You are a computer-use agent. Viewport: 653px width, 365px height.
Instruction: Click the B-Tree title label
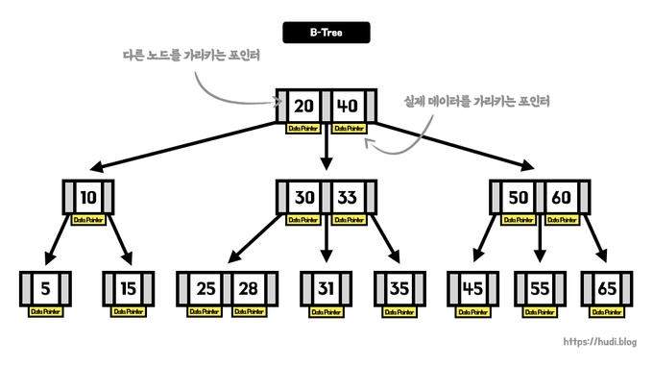(x=326, y=33)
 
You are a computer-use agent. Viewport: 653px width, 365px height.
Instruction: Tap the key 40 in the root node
(x=347, y=105)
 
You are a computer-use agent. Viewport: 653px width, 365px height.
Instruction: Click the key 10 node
(x=87, y=197)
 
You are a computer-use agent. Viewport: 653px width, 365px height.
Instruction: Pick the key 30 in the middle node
(x=303, y=197)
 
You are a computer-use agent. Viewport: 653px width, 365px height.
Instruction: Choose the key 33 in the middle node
(x=346, y=197)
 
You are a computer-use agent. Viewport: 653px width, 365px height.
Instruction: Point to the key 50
(x=518, y=197)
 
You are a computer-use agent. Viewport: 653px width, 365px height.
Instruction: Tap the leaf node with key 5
(x=45, y=287)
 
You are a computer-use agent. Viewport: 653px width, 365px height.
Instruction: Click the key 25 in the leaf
(x=205, y=287)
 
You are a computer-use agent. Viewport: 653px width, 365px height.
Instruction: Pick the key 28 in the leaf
(x=247, y=287)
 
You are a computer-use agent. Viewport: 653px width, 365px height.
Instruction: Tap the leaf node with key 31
(x=326, y=287)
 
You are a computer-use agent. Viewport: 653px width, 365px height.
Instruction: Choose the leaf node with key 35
(x=399, y=287)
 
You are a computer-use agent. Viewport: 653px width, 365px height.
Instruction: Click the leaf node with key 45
(x=473, y=287)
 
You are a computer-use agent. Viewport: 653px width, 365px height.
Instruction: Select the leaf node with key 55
(x=539, y=287)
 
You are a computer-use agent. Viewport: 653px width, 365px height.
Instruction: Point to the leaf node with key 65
(x=606, y=287)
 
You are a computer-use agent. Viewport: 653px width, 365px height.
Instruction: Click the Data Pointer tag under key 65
(x=606, y=311)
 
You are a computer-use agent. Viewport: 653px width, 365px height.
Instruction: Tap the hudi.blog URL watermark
(x=601, y=341)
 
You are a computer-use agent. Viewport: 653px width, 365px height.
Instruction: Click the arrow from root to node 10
(x=182, y=148)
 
